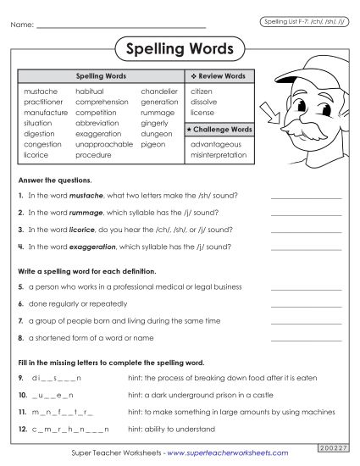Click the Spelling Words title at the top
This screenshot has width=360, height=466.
(x=179, y=49)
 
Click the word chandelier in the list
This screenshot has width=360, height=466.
(x=159, y=91)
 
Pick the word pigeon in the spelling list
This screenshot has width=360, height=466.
(x=153, y=144)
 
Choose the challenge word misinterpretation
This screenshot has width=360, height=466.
(x=219, y=155)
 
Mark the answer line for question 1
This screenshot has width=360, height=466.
(x=306, y=197)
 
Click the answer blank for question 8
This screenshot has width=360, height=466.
(x=306, y=339)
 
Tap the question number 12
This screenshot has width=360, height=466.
(x=21, y=430)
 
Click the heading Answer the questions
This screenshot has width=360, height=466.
(x=55, y=180)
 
